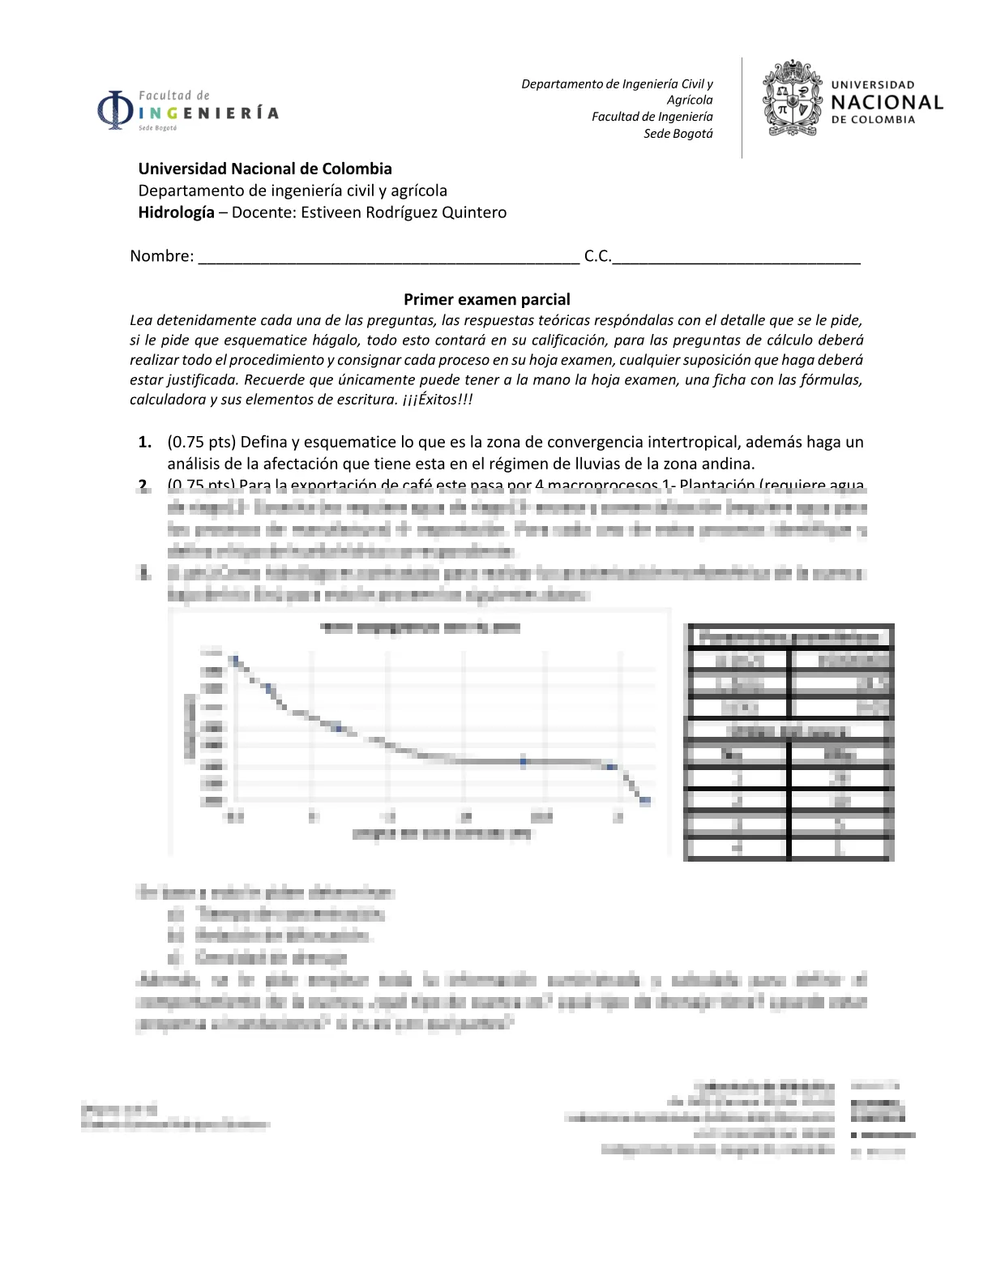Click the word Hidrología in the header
(x=176, y=212)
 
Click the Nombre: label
(x=162, y=256)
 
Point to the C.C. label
(x=597, y=256)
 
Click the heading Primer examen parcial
(x=487, y=299)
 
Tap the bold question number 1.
(x=145, y=443)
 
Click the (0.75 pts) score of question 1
(x=201, y=443)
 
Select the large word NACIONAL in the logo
(x=887, y=103)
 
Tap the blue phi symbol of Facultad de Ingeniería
(x=115, y=110)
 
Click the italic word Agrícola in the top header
(x=690, y=100)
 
